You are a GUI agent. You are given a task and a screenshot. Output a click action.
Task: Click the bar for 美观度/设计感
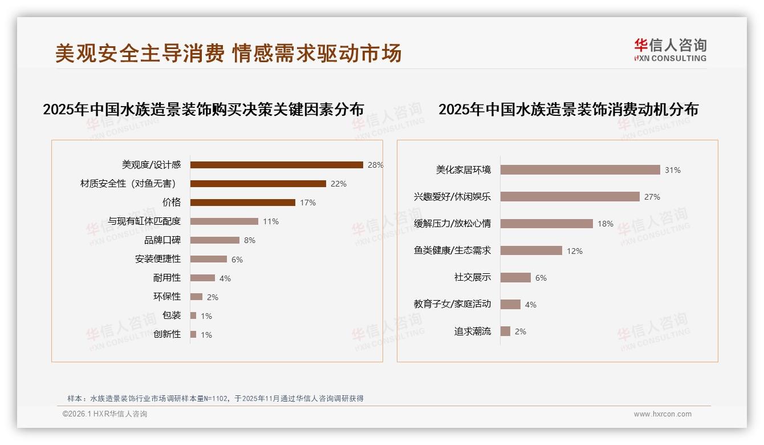[x=277, y=165]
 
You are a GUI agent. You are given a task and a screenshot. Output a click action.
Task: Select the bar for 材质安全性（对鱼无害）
[x=258, y=184]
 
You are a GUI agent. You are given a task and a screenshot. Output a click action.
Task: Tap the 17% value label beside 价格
[x=308, y=203]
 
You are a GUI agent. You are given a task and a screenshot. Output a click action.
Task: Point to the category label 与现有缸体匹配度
[x=144, y=221]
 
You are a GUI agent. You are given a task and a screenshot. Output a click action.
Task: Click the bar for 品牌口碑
[x=215, y=240]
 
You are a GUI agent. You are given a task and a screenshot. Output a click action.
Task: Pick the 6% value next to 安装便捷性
[x=237, y=260]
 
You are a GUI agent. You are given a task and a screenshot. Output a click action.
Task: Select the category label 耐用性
[x=167, y=278]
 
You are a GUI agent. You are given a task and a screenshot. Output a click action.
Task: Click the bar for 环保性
[x=196, y=297]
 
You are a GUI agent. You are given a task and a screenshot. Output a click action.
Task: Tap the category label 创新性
[x=167, y=334]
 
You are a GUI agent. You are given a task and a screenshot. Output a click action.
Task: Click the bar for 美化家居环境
[x=580, y=170]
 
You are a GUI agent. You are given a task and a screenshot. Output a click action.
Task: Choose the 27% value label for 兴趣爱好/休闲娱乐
[x=652, y=197]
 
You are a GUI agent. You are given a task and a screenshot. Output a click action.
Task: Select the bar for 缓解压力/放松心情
[x=546, y=224]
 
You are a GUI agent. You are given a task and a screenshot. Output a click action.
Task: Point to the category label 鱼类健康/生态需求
[x=452, y=250]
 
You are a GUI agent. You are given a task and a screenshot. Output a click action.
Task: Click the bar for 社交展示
[x=515, y=277]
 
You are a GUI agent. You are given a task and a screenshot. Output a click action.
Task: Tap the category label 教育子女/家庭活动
[x=452, y=304]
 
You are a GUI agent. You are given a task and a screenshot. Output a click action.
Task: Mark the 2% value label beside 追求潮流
[x=520, y=331]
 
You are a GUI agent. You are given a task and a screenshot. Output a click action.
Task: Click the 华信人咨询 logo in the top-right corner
[x=670, y=50]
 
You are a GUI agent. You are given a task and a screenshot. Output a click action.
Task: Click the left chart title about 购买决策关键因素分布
[x=203, y=110]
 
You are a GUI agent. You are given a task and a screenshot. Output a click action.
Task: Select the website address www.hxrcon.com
[x=663, y=414]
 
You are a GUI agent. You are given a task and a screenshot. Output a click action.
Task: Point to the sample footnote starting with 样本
[x=215, y=399]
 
